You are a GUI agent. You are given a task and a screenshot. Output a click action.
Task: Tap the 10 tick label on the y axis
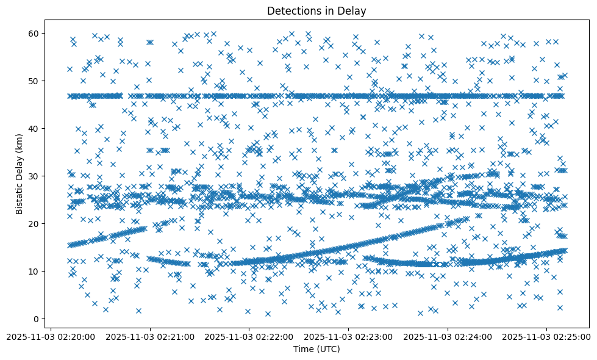(35, 271)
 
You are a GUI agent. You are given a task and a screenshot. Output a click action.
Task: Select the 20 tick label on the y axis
(35, 223)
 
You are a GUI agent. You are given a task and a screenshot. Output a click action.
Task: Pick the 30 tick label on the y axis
(35, 176)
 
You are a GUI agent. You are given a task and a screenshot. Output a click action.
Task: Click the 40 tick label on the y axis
(35, 128)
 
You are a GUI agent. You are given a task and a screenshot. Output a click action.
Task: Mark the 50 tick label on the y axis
(35, 81)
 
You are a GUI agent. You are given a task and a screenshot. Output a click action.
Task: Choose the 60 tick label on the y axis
(35, 33)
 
